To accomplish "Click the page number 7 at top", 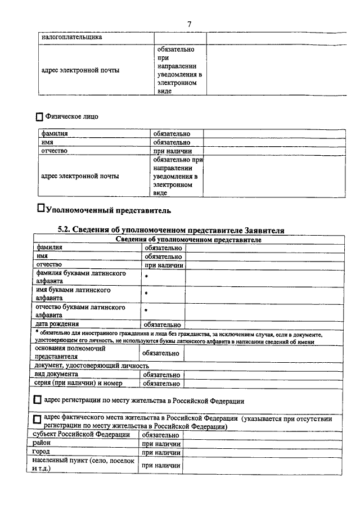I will point(190,24).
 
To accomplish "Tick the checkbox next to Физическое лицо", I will point(39,118).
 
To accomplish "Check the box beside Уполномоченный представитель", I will point(40,208).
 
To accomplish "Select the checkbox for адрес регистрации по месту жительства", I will point(37,400).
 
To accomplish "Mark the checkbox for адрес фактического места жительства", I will point(37,420).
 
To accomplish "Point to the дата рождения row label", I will point(57,324).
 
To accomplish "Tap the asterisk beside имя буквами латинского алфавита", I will point(146,294).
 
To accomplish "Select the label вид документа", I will point(56,374).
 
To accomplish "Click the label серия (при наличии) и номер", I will point(75,383).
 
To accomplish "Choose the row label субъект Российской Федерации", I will point(81,435).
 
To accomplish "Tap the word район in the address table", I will point(42,443).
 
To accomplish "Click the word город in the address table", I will point(41,452).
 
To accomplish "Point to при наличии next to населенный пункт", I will point(161,465).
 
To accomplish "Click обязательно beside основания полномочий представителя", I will point(161,353).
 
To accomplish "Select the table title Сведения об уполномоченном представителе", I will point(188,240).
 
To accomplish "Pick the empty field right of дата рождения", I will point(262,324).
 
